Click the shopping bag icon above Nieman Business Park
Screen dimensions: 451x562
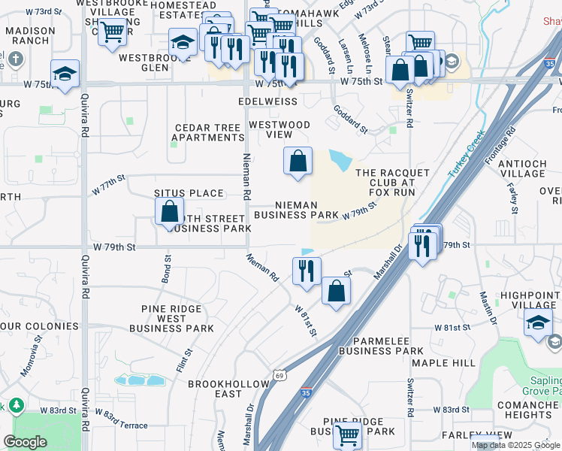pyautogui.click(x=298, y=161)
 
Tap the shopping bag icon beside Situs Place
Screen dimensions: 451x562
pyautogui.click(x=170, y=211)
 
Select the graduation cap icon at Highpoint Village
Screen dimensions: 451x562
pyautogui.click(x=538, y=322)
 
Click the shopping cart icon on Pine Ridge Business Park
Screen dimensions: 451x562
pyautogui.click(x=348, y=434)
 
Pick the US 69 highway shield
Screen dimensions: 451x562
pyautogui.click(x=279, y=375)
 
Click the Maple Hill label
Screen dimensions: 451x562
pyautogui.click(x=443, y=363)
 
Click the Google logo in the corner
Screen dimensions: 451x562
pyautogui.click(x=25, y=441)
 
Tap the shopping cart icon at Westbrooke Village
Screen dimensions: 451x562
pyautogui.click(x=112, y=32)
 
